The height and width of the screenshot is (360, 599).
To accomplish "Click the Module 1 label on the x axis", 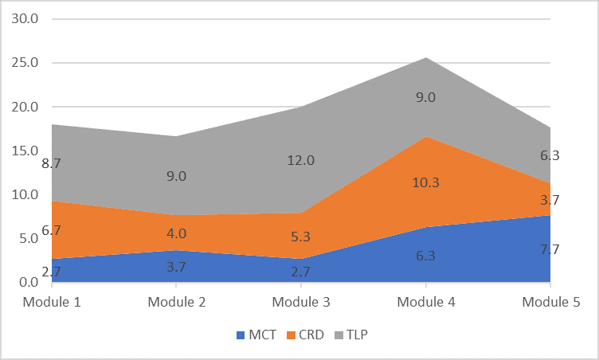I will (52, 303).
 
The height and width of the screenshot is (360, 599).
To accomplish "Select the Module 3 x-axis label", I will (301, 303).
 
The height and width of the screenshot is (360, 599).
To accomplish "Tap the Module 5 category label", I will (550, 303).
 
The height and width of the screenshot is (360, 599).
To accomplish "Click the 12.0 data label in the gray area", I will (301, 160).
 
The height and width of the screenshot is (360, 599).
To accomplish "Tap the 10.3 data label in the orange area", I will (425, 182).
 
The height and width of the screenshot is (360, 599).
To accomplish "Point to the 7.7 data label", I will (550, 249).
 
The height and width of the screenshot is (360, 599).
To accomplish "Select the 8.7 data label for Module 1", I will (52, 163).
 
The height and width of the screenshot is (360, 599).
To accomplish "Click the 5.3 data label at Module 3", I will (301, 237).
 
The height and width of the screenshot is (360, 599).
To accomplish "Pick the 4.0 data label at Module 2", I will (176, 233).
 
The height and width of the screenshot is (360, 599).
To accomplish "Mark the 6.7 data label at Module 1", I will (52, 230).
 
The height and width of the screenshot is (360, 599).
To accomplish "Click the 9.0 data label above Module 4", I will (425, 98).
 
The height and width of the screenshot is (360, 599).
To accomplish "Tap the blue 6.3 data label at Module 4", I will (425, 256).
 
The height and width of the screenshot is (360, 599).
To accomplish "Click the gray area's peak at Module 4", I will (425, 58).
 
